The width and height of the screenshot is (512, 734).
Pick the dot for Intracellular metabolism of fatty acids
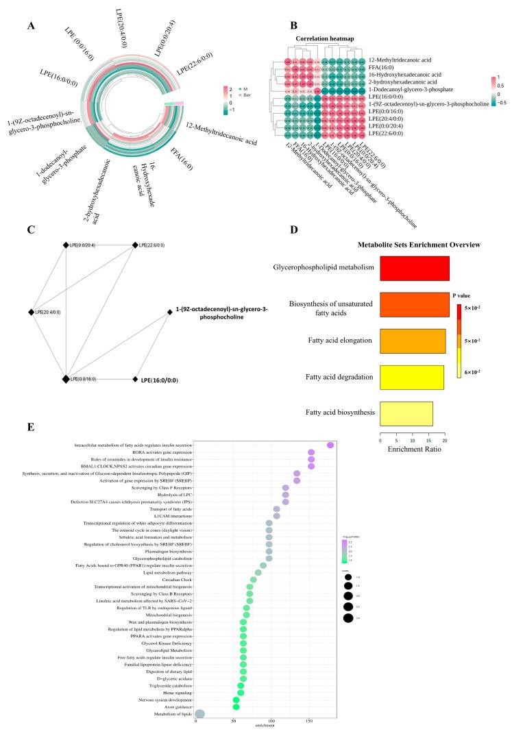click(x=330, y=445)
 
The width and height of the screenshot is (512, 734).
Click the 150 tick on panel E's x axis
click(x=271, y=721)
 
